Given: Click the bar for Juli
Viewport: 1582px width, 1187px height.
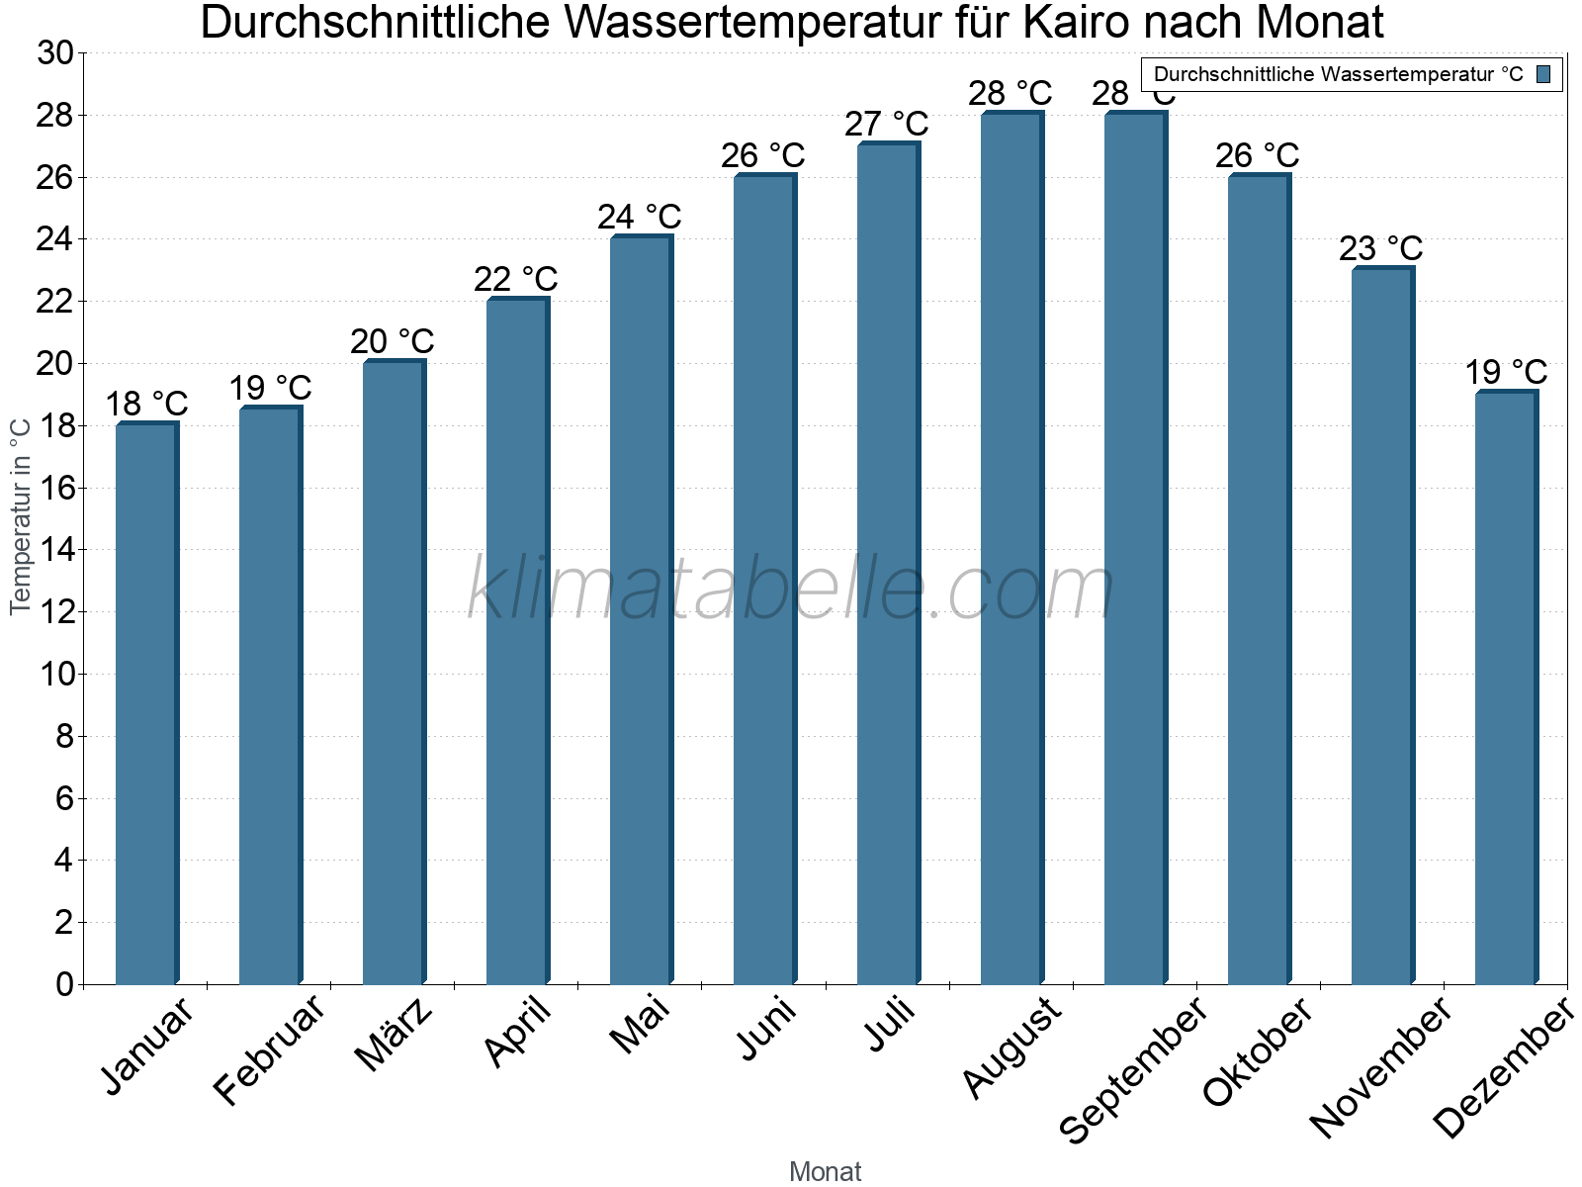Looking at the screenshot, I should [888, 564].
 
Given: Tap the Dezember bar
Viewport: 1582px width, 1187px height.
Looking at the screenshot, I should [1506, 687].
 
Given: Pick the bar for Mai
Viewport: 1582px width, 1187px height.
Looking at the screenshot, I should [641, 610].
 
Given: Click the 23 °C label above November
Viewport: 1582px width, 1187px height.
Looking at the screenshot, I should [1381, 248].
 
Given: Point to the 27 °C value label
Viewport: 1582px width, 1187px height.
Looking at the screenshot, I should [887, 125].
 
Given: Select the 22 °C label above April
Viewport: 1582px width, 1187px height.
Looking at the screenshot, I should [516, 280].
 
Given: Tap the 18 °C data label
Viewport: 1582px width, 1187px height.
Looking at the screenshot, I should [146, 405].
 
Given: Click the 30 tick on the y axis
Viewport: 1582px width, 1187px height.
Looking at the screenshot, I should [56, 53].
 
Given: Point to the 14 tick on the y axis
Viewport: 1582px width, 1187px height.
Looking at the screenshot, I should [56, 550].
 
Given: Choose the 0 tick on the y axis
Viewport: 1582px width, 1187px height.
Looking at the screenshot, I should [65, 984].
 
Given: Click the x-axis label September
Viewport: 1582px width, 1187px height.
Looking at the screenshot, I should [1133, 1068].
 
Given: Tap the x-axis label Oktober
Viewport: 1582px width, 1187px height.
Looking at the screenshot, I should [1258, 1050].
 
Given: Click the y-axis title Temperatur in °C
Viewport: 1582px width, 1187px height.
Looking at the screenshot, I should [21, 515].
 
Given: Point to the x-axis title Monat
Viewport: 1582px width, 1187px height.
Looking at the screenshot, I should [826, 1171].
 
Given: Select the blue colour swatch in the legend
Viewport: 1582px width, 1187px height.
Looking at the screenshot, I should [1543, 74].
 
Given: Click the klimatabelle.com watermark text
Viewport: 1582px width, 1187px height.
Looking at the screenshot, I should [791, 590].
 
